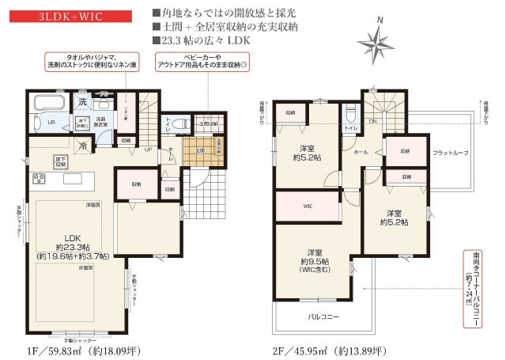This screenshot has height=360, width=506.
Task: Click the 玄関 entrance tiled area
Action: point(200,150)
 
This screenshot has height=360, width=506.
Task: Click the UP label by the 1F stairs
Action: point(147,150)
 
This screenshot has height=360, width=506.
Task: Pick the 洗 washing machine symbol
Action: point(82,102)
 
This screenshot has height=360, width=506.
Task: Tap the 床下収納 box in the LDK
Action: point(60,161)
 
